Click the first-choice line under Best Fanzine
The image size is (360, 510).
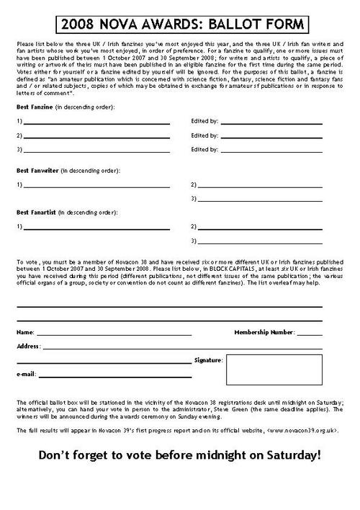coord(96,122)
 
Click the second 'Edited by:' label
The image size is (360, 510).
coord(204,135)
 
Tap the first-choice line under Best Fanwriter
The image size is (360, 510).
coord(96,185)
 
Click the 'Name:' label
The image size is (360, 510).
coord(24,333)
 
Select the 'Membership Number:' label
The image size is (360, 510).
coord(264,332)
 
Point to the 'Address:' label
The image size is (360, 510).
coord(28,346)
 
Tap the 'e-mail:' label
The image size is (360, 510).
coord(26,375)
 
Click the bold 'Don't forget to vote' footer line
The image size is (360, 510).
coord(179,455)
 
